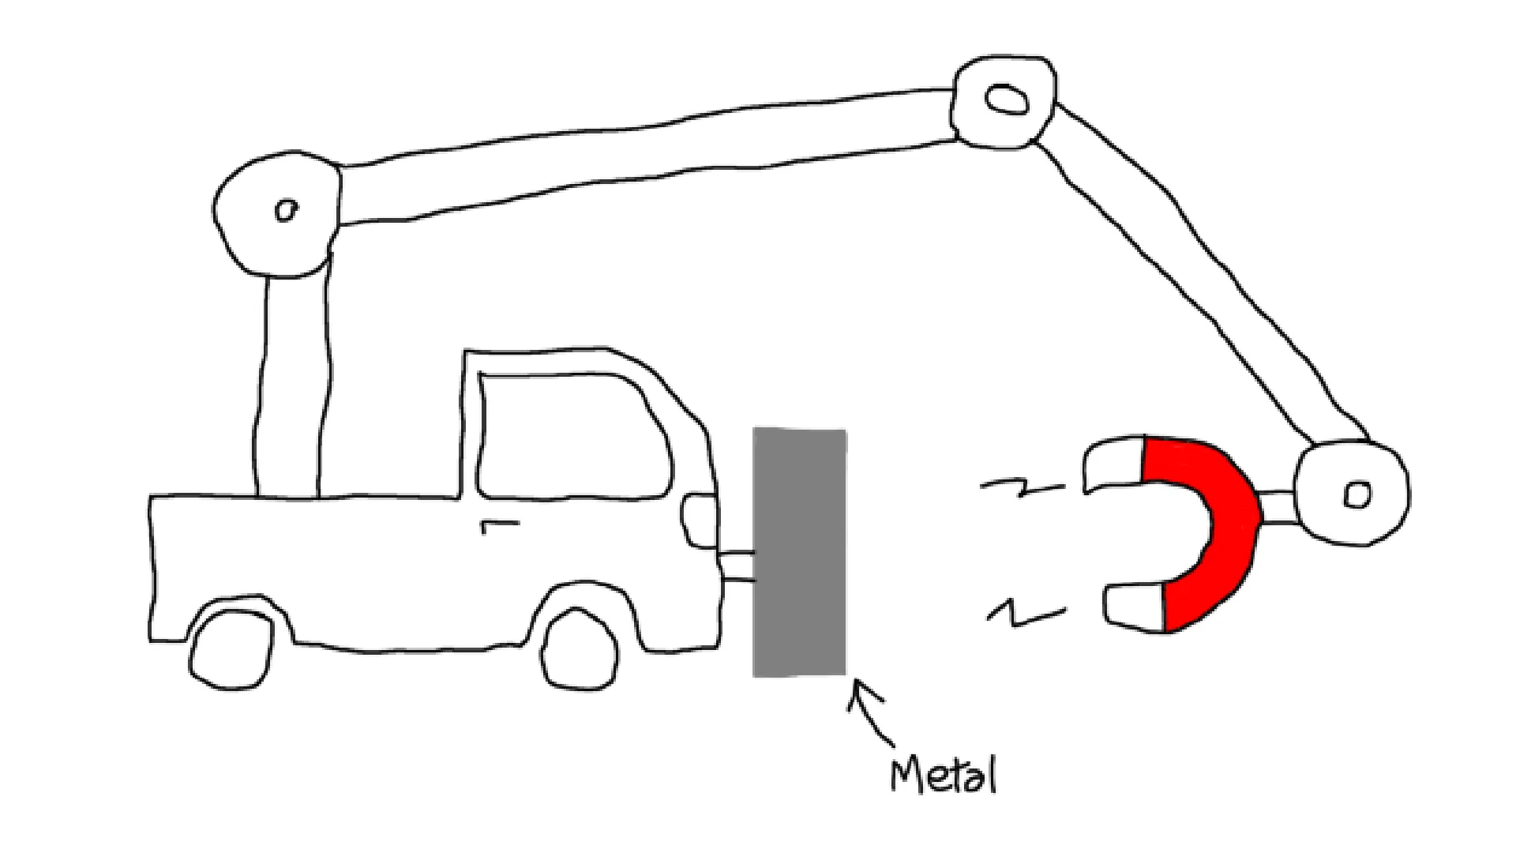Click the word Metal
point(944,776)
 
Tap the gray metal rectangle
point(799,553)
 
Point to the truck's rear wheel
point(231,649)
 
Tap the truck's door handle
point(499,524)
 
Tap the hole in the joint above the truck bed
point(285,210)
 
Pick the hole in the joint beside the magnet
point(1357,494)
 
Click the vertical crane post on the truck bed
point(289,387)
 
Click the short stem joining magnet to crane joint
point(1278,507)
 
